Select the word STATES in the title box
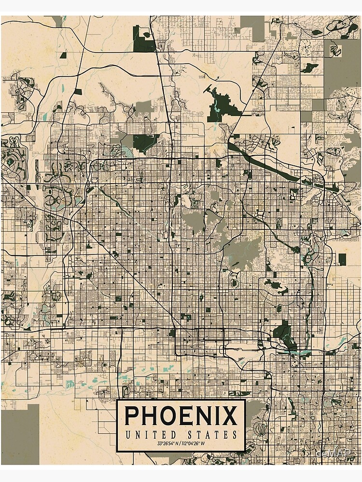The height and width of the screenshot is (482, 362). point(213,434)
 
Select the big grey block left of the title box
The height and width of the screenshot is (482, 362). point(20,434)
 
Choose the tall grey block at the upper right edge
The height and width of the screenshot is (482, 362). point(342,67)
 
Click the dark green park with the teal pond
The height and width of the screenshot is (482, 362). point(220,106)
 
